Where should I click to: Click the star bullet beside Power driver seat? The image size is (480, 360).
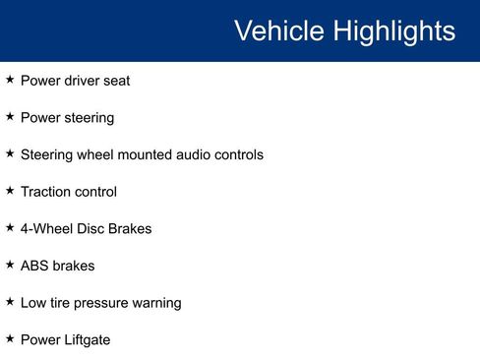(x=10, y=80)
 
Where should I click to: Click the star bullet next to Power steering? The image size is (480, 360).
(x=10, y=117)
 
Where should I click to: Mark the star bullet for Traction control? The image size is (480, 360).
(x=10, y=191)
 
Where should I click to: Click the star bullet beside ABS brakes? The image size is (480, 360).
(x=10, y=265)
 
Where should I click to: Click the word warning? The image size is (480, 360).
(x=157, y=303)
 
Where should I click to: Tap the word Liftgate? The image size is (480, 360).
(x=88, y=340)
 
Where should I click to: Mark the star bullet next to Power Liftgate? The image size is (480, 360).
(x=10, y=338)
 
